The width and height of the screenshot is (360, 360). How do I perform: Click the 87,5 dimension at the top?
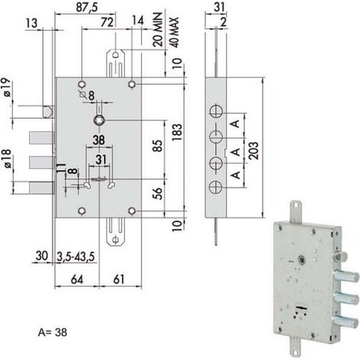pyautogui.click(x=87, y=7)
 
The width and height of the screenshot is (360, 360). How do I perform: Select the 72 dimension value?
pyautogui.click(x=107, y=22)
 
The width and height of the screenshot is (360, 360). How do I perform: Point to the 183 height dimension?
pyautogui.click(x=177, y=133)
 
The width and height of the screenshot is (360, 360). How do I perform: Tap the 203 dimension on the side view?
pyautogui.click(x=254, y=151)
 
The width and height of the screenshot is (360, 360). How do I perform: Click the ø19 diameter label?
pyautogui.click(x=7, y=87)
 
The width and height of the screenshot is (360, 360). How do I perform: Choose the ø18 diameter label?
pyautogui.click(x=7, y=159)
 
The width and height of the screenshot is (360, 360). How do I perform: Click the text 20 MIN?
pyautogui.click(x=158, y=30)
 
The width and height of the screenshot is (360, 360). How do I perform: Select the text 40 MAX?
pyautogui.click(x=174, y=32)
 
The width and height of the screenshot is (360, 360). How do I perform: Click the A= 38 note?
pyautogui.click(x=53, y=332)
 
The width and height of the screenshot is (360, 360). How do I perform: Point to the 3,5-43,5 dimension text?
pyautogui.click(x=76, y=256)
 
